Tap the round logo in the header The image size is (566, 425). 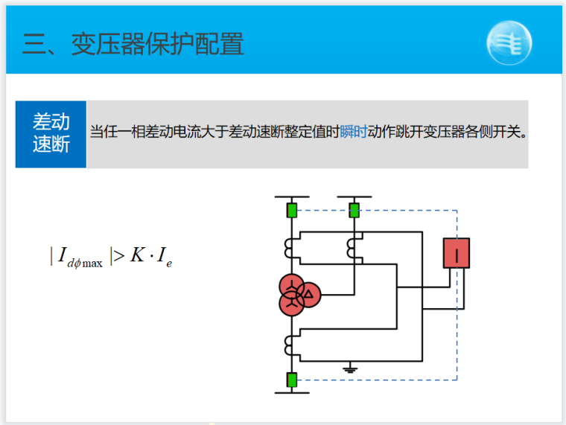509,44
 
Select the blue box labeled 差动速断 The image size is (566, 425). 51,134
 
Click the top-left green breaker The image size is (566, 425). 292,210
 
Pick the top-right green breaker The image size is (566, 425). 354,210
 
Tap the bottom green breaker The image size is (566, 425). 292,380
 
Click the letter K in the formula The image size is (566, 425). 139,256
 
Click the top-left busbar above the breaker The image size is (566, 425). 292,198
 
